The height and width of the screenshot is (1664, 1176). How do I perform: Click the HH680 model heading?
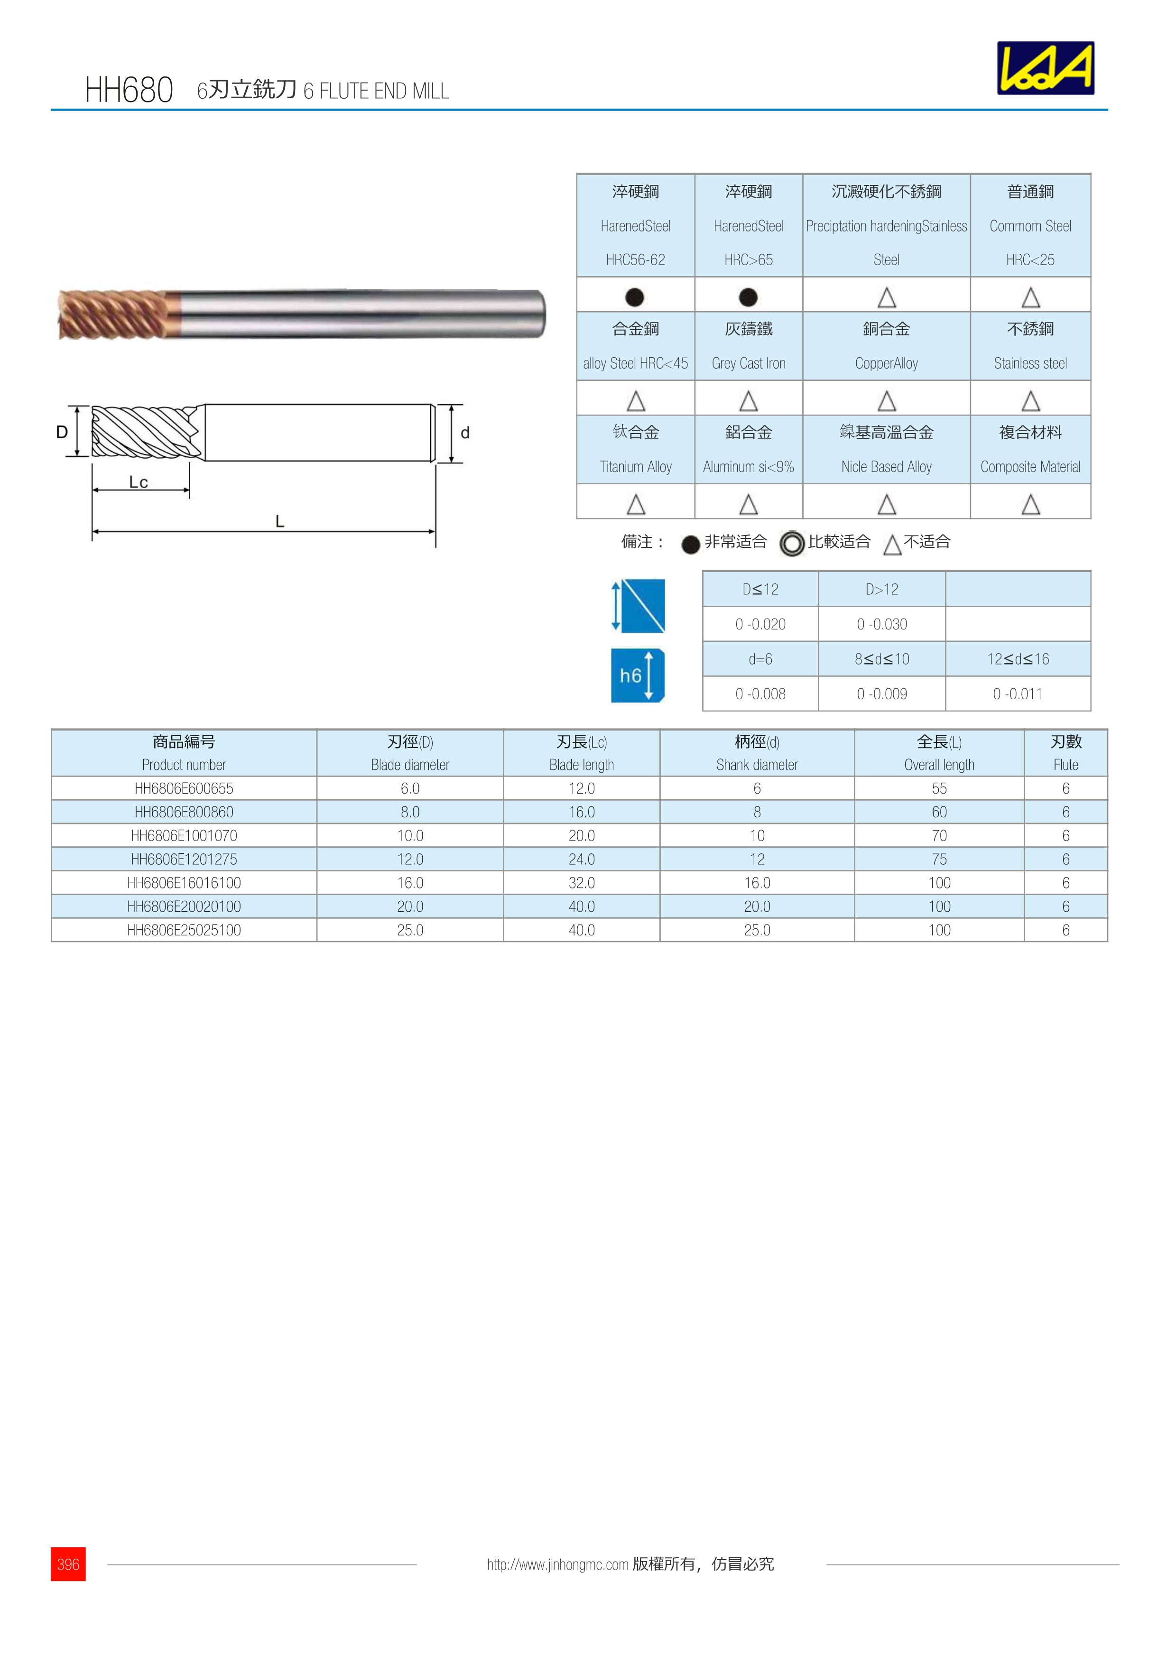coord(129,90)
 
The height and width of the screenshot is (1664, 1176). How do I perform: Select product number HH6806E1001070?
coord(184,836)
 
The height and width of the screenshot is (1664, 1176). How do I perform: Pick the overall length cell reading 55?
coord(939,788)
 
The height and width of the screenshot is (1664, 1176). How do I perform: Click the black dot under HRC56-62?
coord(635,297)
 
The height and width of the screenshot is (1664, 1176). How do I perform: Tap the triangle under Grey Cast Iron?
coord(749,401)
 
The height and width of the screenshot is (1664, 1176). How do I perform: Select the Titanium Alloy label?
coord(636,467)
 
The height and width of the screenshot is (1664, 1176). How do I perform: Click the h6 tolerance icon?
coord(637,675)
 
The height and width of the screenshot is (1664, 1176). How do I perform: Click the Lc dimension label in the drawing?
coord(139,482)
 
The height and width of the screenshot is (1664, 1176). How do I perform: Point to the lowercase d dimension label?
coord(465,433)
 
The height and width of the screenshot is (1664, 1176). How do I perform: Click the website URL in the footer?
coord(557,1565)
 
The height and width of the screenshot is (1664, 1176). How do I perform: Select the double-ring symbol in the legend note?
coord(792,543)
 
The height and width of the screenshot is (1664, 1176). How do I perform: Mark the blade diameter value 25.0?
coord(410,930)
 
